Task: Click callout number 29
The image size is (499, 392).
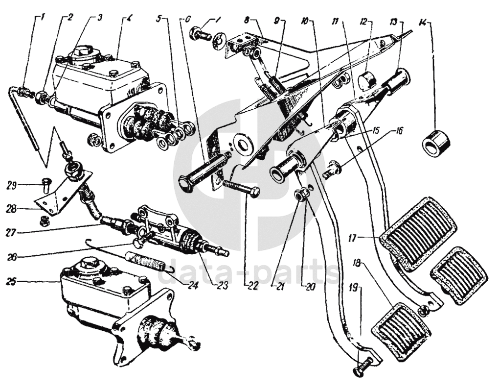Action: point(12,185)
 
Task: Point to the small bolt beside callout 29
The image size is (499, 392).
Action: point(45,185)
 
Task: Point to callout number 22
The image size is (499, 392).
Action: point(251,286)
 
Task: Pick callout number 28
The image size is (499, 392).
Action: point(12,209)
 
